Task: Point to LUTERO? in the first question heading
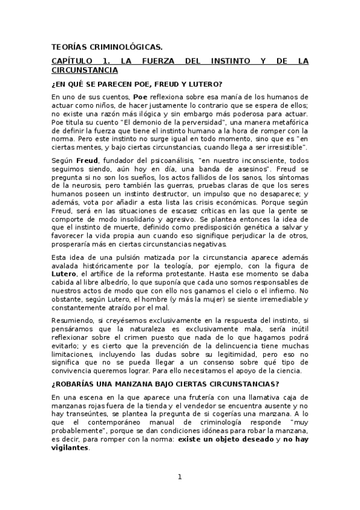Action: click(204, 83)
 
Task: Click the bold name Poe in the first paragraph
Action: click(141, 96)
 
